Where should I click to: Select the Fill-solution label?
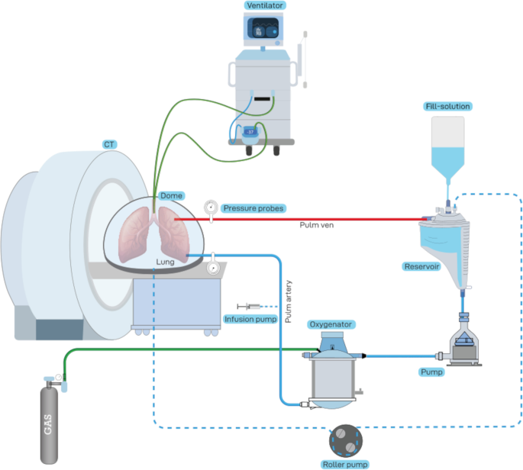click(x=447, y=106)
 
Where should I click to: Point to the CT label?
click(x=110, y=143)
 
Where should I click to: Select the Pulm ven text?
click(x=313, y=225)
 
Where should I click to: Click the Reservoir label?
click(x=421, y=267)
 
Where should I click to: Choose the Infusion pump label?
click(x=249, y=319)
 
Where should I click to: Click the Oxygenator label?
click(x=330, y=324)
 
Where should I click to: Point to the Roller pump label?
click(x=345, y=464)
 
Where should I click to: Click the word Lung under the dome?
click(x=165, y=262)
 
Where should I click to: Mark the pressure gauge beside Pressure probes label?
click(x=211, y=207)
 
